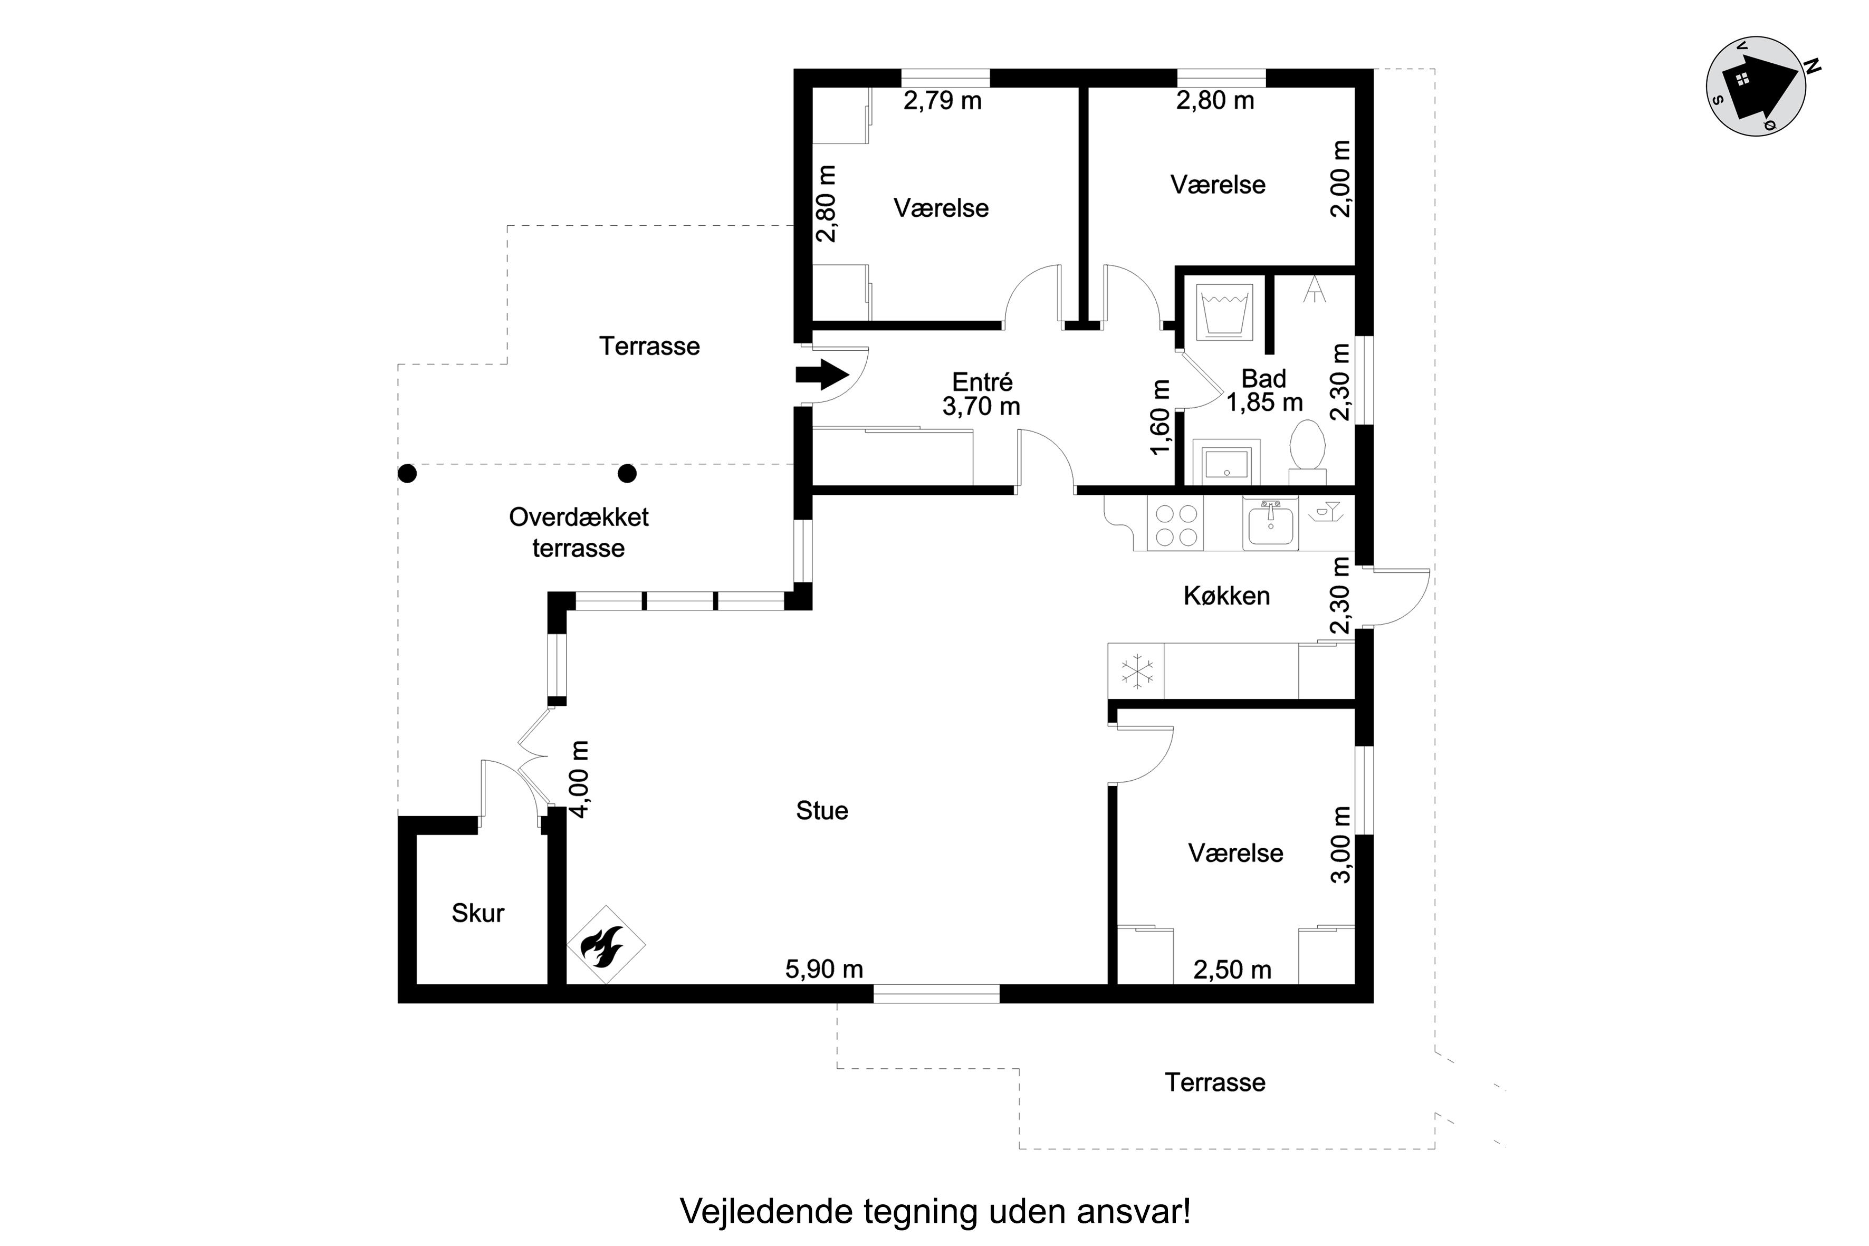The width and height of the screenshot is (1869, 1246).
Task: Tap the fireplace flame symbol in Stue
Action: [605, 946]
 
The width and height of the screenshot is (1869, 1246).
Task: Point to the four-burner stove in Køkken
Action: [1176, 524]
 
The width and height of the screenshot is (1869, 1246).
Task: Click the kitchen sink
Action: [1270, 524]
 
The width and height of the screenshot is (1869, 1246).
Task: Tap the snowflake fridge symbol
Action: [1137, 672]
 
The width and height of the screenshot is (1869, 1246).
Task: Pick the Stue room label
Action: [822, 811]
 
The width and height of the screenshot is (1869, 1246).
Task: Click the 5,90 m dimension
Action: [824, 970]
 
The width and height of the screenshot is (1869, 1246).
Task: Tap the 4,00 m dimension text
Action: [580, 779]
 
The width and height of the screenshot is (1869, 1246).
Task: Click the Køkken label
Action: [1226, 596]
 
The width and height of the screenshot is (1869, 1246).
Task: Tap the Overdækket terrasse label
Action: [579, 532]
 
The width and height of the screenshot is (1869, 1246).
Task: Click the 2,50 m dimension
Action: [1232, 970]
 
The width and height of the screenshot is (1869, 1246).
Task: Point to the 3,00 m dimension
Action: [1341, 844]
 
